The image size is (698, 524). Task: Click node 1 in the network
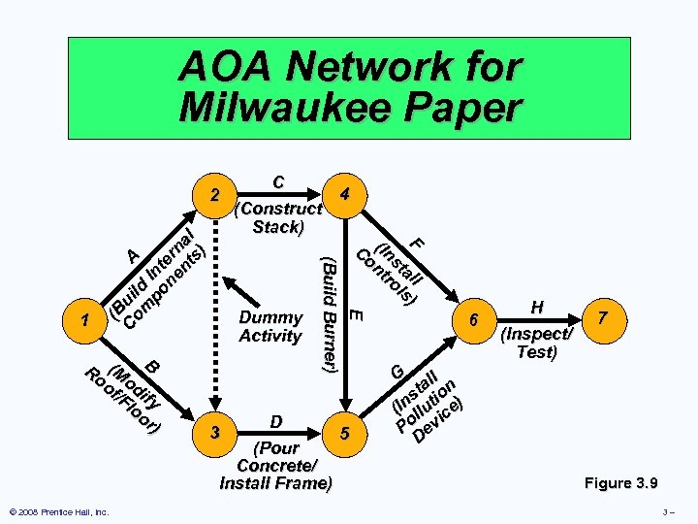tap(88, 319)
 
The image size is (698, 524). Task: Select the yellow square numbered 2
tap(216, 197)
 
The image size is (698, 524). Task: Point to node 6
tap(474, 319)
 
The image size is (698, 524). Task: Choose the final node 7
tap(604, 319)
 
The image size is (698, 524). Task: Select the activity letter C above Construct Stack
tap(278, 182)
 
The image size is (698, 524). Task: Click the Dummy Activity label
tap(270, 326)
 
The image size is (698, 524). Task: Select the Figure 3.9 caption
tap(620, 482)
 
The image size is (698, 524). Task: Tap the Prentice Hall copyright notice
tap(58, 511)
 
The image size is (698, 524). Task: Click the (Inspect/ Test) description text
tap(536, 343)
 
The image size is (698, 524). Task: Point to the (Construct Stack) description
tap(278, 217)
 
